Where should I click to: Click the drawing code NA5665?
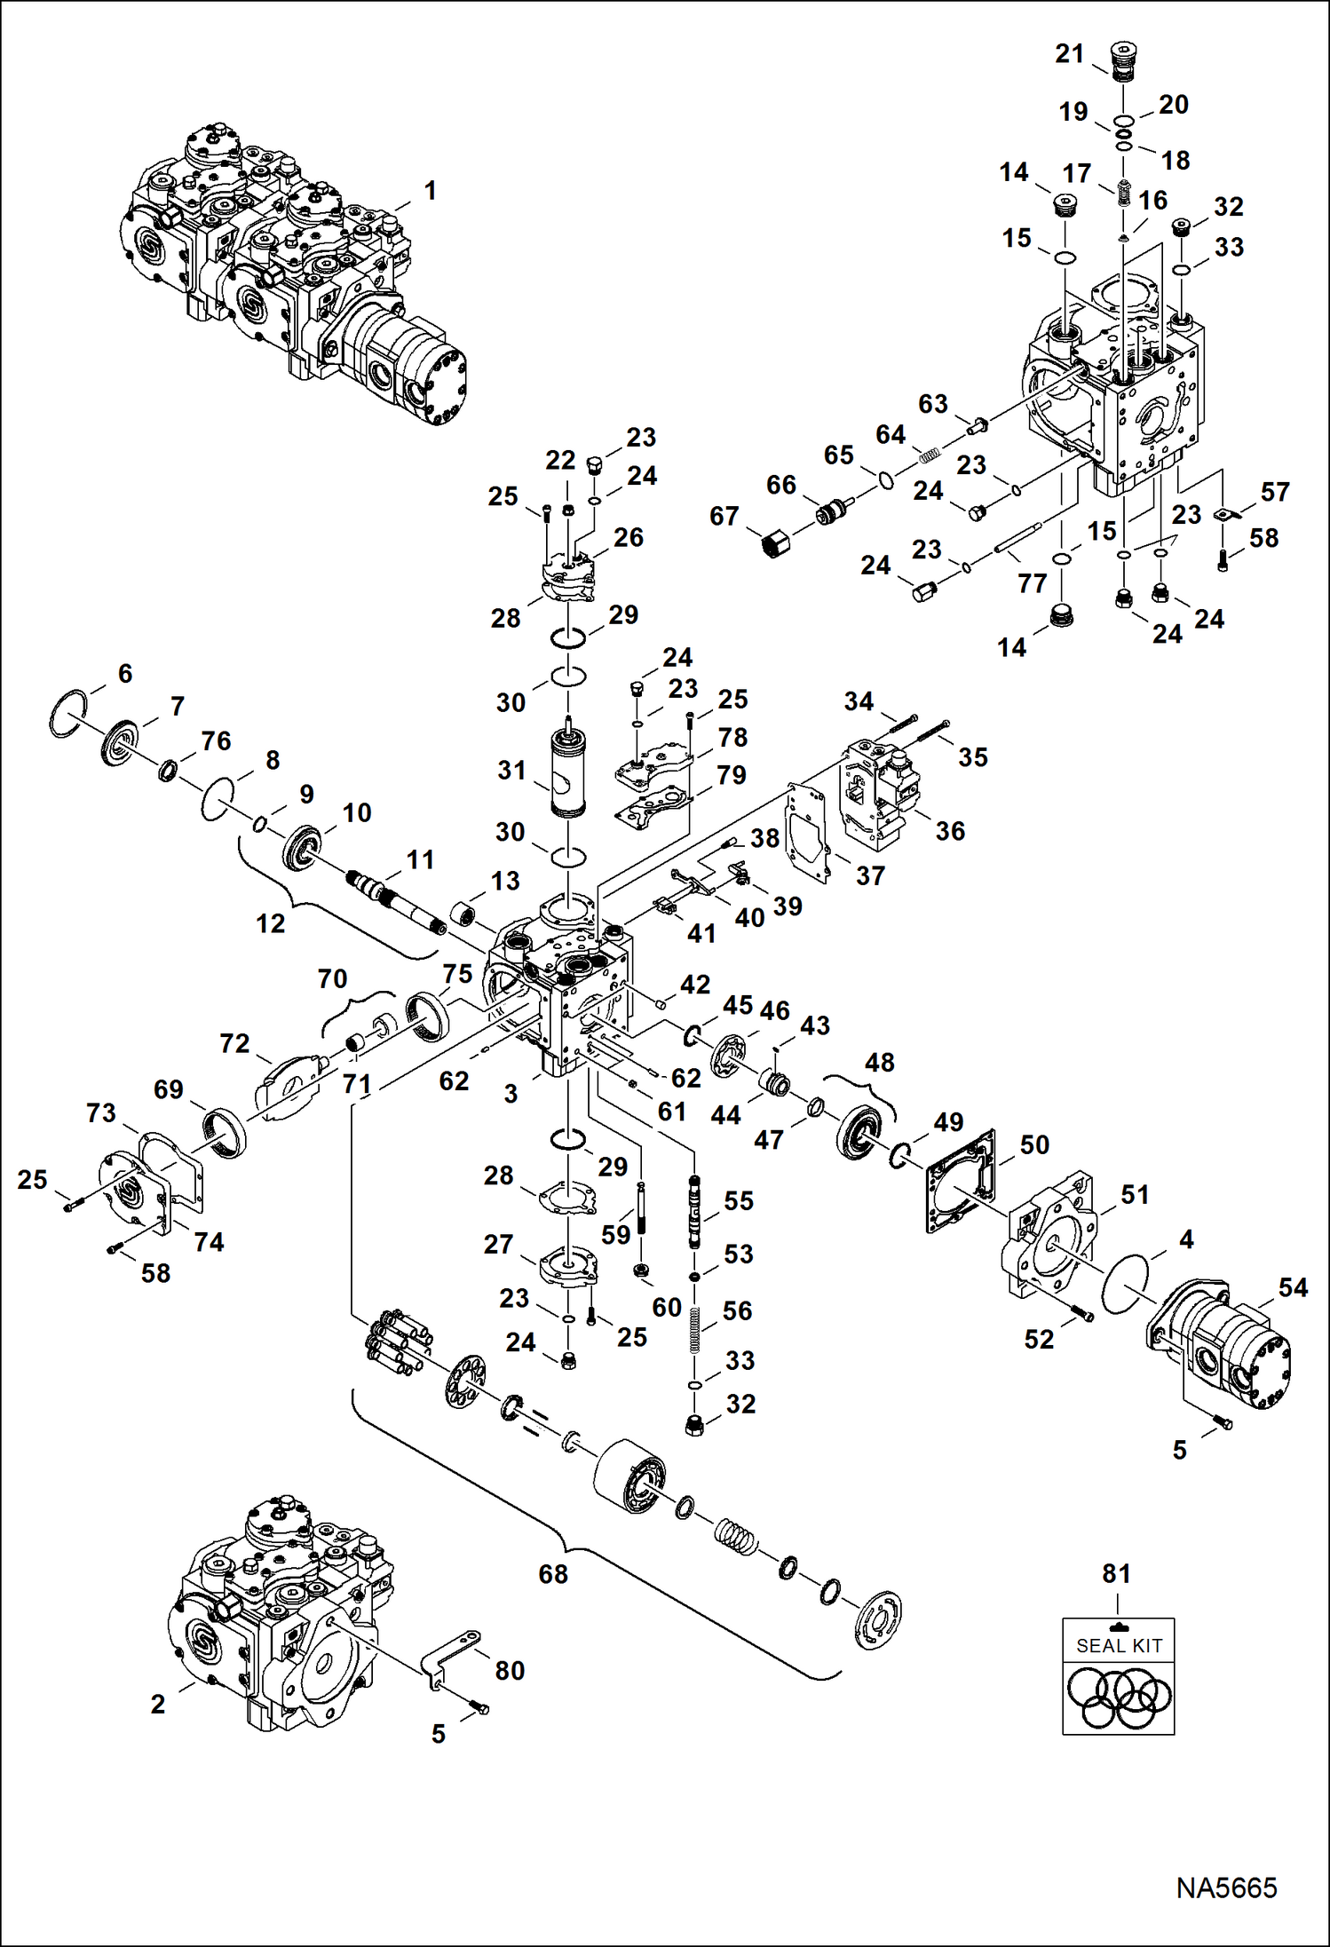coord(1225,1888)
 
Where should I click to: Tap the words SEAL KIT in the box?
coord(1118,1646)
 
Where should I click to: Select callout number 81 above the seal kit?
coord(1116,1574)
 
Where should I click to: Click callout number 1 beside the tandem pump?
coord(430,191)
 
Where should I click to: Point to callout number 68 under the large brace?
coord(552,1574)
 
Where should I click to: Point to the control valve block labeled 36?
coord(879,795)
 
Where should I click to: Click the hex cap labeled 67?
coord(774,540)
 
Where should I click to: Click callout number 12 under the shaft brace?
coord(270,923)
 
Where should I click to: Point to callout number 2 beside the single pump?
coord(157,1704)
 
